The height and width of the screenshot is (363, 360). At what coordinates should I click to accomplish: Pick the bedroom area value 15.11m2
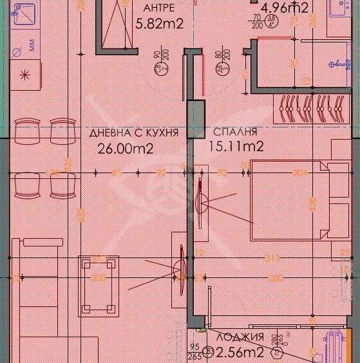(x=236, y=146)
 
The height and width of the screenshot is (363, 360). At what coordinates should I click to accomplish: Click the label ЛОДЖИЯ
(x=240, y=337)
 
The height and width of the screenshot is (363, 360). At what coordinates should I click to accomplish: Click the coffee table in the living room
(x=99, y=286)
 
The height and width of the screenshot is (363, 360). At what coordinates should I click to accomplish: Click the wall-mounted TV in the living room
(x=178, y=268)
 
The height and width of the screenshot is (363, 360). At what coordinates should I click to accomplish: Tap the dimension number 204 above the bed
(x=299, y=172)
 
